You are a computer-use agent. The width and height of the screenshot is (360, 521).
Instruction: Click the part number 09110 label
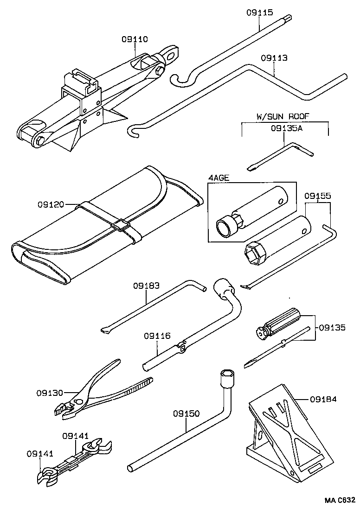tap(135, 39)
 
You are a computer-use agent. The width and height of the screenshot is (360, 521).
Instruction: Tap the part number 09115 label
tap(259, 13)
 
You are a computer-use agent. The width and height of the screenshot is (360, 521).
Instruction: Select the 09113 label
tap(274, 58)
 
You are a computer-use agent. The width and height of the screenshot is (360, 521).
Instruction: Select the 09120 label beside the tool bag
tap(51, 204)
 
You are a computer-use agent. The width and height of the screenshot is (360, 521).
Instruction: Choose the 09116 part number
tap(157, 335)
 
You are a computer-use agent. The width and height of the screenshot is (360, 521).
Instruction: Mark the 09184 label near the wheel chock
tap(323, 399)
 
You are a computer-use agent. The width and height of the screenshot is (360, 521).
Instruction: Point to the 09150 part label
tap(186, 413)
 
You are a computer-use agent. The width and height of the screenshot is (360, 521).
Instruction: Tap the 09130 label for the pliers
tap(50, 393)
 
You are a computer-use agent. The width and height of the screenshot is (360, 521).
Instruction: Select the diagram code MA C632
tap(340, 500)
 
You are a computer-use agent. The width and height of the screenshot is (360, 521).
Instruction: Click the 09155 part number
tap(317, 196)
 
